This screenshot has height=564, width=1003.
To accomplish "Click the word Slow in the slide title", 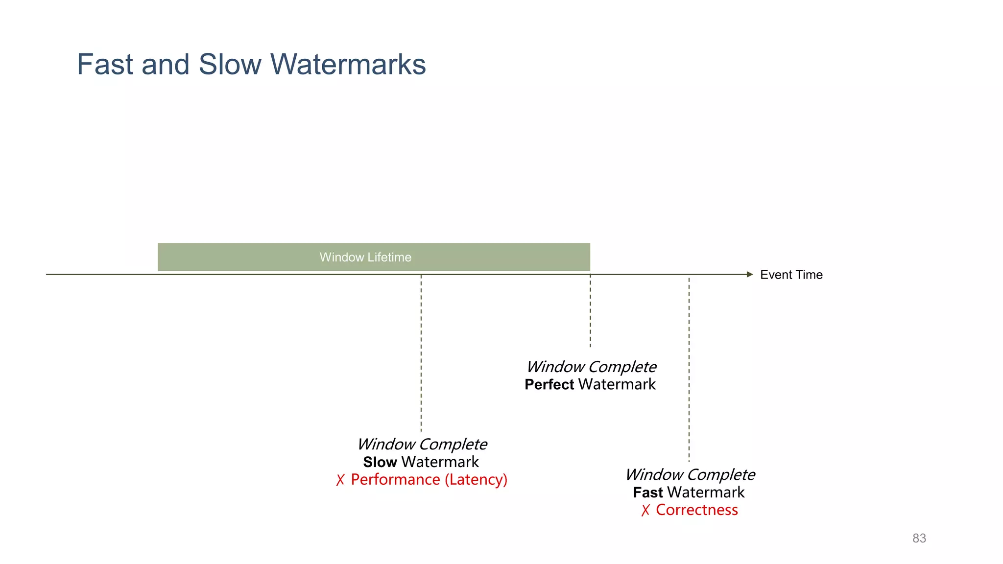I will [x=230, y=65].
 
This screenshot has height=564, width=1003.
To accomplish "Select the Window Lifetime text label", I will [x=365, y=258].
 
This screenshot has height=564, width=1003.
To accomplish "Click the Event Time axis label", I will [x=791, y=275].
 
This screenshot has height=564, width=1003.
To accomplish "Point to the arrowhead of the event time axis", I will [x=749, y=275].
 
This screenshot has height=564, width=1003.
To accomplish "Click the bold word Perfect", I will [x=549, y=385].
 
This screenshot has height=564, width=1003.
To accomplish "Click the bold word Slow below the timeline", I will [x=380, y=462].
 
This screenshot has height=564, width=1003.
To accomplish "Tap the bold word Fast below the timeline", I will [x=647, y=493].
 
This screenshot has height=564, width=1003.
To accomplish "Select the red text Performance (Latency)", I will [x=429, y=480].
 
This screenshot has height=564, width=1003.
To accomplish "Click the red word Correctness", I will [x=696, y=510].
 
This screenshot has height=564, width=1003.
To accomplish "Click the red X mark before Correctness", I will [x=645, y=511].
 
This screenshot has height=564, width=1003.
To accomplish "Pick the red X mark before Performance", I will [x=340, y=480].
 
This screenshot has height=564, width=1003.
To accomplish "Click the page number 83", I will [x=919, y=539].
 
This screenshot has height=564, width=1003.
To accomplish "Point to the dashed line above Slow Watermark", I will [x=421, y=352].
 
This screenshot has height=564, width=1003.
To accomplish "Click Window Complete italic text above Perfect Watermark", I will [x=591, y=367].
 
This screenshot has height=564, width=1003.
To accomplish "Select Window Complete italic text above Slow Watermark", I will [x=422, y=445].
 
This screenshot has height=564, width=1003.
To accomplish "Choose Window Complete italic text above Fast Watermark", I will [x=690, y=475].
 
